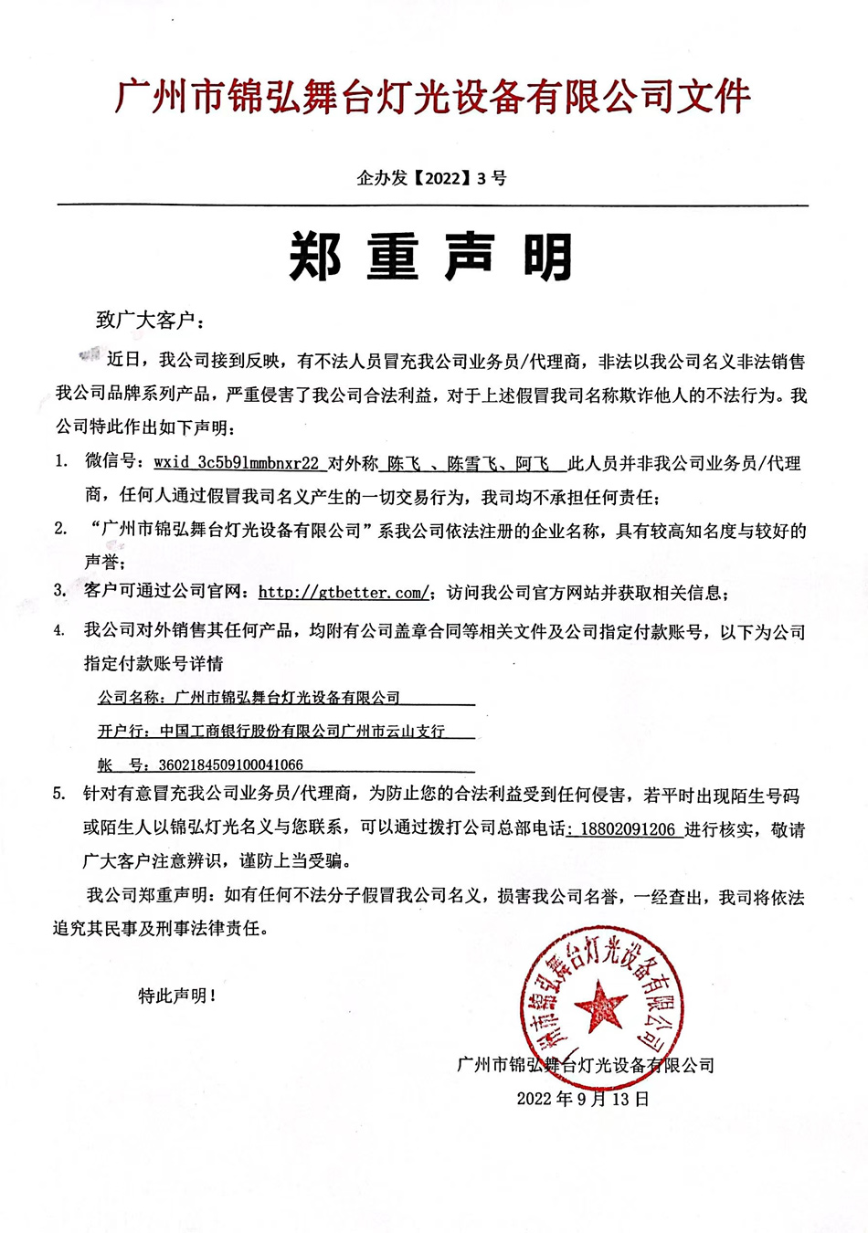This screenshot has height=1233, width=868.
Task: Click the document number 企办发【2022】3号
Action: coord(431,178)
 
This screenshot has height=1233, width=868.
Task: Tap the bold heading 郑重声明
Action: coord(431,257)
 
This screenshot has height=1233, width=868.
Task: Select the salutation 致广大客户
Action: coord(150,320)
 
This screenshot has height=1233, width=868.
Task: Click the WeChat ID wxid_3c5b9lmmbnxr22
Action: coord(237,463)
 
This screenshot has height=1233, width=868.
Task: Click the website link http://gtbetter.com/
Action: coord(344,593)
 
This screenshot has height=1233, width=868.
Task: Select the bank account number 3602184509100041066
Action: coord(231,764)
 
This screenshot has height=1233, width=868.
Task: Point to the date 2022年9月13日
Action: coord(583,1098)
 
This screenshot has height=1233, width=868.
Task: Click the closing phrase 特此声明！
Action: coord(177,996)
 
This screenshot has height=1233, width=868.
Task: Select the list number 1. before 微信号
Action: coord(61,461)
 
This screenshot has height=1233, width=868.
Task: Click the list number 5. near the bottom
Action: coord(59,795)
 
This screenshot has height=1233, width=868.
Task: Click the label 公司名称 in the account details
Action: coord(130,698)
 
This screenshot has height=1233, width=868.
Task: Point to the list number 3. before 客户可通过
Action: coord(60,591)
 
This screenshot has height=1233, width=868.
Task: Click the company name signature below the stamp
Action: coord(585,1065)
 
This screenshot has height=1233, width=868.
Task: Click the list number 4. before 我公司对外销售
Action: coord(59,631)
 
